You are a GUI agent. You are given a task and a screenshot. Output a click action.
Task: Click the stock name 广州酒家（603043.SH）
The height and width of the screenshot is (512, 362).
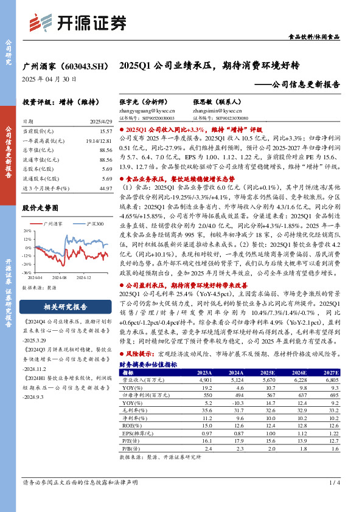(x=65, y=65)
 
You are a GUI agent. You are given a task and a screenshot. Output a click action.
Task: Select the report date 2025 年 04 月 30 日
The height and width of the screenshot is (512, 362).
(x=49, y=78)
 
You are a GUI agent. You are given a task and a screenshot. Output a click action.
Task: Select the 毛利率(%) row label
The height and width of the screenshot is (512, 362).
(x=132, y=410)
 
